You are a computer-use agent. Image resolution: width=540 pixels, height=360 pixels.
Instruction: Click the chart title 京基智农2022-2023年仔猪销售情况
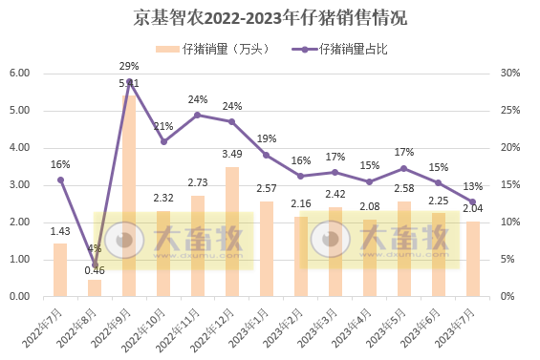pos(270,18)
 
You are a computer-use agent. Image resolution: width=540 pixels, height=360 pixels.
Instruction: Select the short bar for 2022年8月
pos(95,287)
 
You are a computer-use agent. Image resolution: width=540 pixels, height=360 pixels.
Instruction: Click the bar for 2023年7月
pos(473,259)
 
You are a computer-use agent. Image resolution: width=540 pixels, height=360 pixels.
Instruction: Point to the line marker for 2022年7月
pos(60,180)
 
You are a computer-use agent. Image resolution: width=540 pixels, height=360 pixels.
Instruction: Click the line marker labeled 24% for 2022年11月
pos(198,115)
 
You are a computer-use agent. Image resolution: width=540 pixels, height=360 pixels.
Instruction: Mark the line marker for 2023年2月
pos(301,176)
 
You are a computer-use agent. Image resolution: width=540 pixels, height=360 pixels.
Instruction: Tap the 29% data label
pos(129,66)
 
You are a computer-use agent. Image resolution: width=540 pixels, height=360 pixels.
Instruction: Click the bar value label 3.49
pos(232,154)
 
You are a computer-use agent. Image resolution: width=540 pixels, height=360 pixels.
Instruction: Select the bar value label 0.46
pos(95,270)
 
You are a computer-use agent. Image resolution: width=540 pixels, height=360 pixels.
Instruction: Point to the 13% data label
pos(473,185)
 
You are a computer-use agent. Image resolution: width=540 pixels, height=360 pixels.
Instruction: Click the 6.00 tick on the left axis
pos(20,74)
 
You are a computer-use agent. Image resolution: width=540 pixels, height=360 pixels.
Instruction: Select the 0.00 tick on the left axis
pos(20,297)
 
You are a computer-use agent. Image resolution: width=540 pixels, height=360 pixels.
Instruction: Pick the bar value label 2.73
pos(198,182)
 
